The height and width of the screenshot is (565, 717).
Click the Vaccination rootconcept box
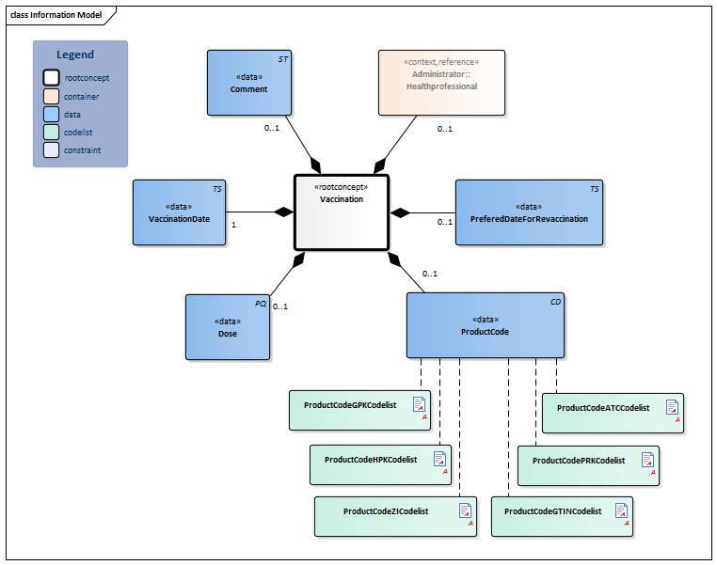(x=341, y=212)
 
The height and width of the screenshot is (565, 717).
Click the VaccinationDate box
(x=179, y=212)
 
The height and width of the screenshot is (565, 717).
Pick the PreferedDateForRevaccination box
(x=529, y=212)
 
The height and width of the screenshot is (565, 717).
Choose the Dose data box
(x=227, y=327)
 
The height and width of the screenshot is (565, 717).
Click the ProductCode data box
(x=485, y=325)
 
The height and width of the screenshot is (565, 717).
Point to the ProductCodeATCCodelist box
(x=613, y=413)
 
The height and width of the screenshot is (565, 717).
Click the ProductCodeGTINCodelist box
(x=561, y=516)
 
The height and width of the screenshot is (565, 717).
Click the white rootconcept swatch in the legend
(x=51, y=77)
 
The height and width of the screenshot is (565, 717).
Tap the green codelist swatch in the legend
(x=51, y=132)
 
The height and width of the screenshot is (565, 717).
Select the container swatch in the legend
(x=51, y=96)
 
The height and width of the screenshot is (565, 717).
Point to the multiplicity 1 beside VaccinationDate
(x=233, y=225)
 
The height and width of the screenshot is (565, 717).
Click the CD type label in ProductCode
(x=555, y=302)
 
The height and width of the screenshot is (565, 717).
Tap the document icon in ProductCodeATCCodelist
(x=672, y=407)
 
